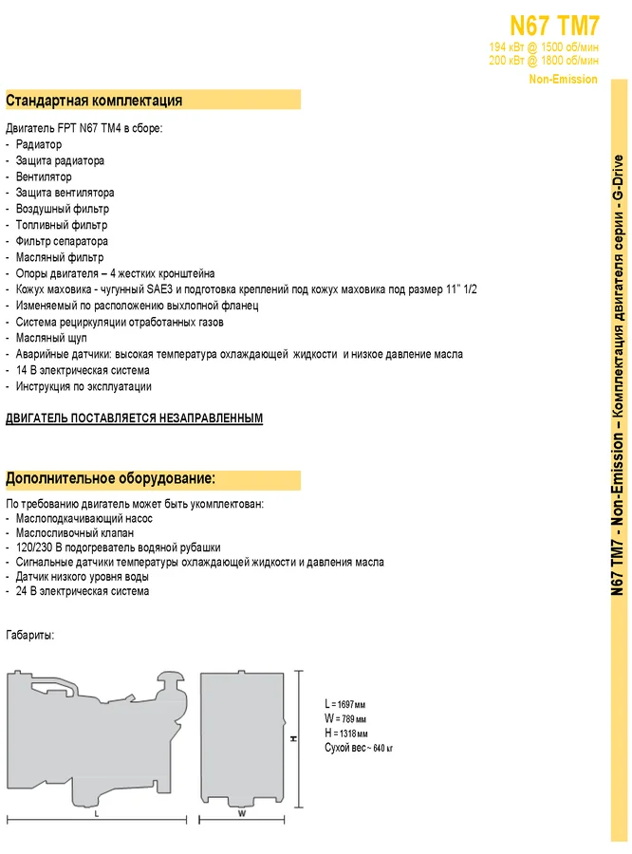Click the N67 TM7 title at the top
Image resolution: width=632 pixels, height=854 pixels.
coord(553,25)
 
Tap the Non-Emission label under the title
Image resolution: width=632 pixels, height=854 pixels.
coord(564,79)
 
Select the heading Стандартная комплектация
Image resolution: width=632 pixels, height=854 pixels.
coord(94,101)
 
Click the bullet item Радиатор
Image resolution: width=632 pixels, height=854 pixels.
coord(39,144)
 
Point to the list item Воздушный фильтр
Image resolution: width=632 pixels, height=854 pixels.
coord(62,209)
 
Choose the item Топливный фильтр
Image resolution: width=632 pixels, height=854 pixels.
coord(62,225)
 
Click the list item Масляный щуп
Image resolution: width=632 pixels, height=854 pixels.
coord(52,338)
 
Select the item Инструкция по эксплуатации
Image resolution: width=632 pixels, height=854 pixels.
coord(84,386)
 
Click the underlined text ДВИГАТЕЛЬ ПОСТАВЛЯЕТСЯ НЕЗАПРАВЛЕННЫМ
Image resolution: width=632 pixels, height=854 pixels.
coord(134,418)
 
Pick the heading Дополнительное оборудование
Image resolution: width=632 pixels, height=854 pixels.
coord(111,478)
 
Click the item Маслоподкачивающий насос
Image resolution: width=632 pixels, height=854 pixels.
coord(84,518)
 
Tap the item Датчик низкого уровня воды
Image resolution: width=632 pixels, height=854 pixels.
coord(82,576)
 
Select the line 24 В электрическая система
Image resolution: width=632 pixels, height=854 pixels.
coord(83,591)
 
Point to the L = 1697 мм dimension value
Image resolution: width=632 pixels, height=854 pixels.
coord(344,704)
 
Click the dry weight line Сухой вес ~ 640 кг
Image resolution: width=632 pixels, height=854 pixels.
coord(359,749)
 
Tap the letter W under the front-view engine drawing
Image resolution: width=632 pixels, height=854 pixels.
coord(242,813)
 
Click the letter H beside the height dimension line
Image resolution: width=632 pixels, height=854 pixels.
coord(293,737)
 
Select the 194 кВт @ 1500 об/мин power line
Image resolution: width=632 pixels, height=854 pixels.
coord(544,47)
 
